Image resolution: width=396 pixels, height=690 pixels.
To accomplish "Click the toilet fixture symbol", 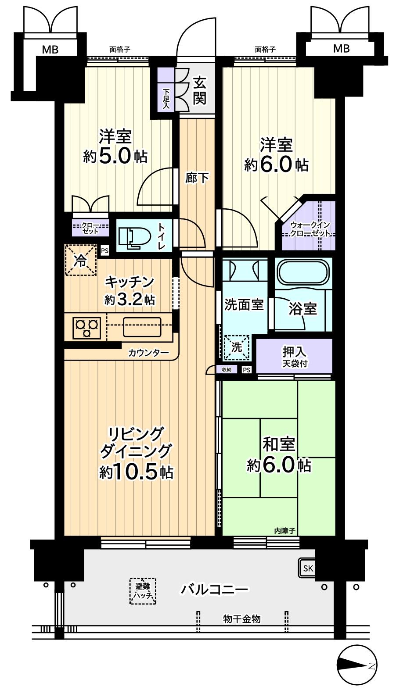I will (132, 238).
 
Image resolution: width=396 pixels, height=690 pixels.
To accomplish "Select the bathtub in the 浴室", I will (303, 273).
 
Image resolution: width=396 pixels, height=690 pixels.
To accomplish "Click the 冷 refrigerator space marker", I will (81, 260).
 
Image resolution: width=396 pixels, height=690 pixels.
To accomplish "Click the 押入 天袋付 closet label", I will (294, 356).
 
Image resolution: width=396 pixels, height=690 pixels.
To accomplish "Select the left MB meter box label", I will (50, 49).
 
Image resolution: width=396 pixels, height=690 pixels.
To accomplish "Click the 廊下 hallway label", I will (197, 178).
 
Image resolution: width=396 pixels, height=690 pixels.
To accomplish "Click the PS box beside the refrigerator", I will (104, 251).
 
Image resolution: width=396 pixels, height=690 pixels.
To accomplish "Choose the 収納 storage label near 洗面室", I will (227, 370).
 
